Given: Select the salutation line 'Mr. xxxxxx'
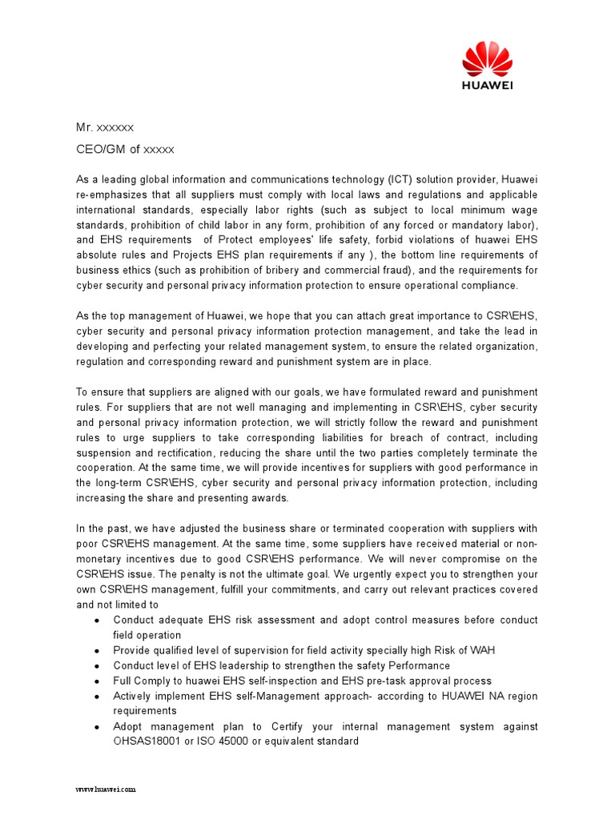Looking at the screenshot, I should pos(105,127).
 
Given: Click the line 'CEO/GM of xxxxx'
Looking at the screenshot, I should pos(125,149).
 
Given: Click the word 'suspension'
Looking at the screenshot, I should pos(105,452).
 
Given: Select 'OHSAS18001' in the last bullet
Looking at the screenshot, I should pos(144,742).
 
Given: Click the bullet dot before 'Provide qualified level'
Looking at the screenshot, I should pos(97,650).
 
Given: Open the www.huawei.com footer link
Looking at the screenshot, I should pos(106,789).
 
